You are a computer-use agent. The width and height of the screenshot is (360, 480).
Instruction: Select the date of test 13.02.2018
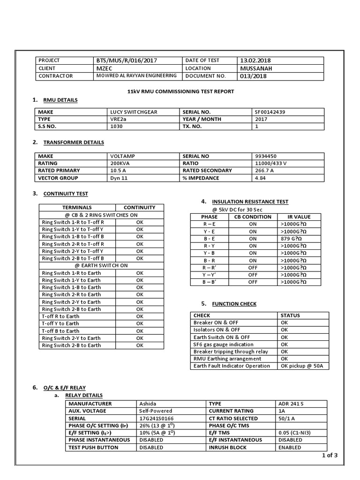tap(255, 60)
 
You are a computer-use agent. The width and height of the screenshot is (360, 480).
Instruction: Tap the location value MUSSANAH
tap(256, 68)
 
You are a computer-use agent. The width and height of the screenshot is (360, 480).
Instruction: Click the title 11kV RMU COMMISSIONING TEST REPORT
tap(180, 91)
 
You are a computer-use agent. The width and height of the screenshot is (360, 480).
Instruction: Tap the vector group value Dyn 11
tap(120, 178)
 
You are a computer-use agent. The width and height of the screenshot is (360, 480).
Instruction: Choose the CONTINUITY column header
tap(139, 207)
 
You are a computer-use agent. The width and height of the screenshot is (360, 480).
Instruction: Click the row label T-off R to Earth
tap(60, 316)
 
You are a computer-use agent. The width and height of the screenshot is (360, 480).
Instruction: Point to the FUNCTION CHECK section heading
tap(234, 304)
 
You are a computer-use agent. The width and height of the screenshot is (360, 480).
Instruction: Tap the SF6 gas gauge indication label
tap(224, 345)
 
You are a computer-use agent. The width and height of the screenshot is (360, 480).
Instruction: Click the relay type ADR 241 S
tap(292, 404)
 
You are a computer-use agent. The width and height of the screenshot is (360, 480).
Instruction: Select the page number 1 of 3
tap(330, 455)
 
